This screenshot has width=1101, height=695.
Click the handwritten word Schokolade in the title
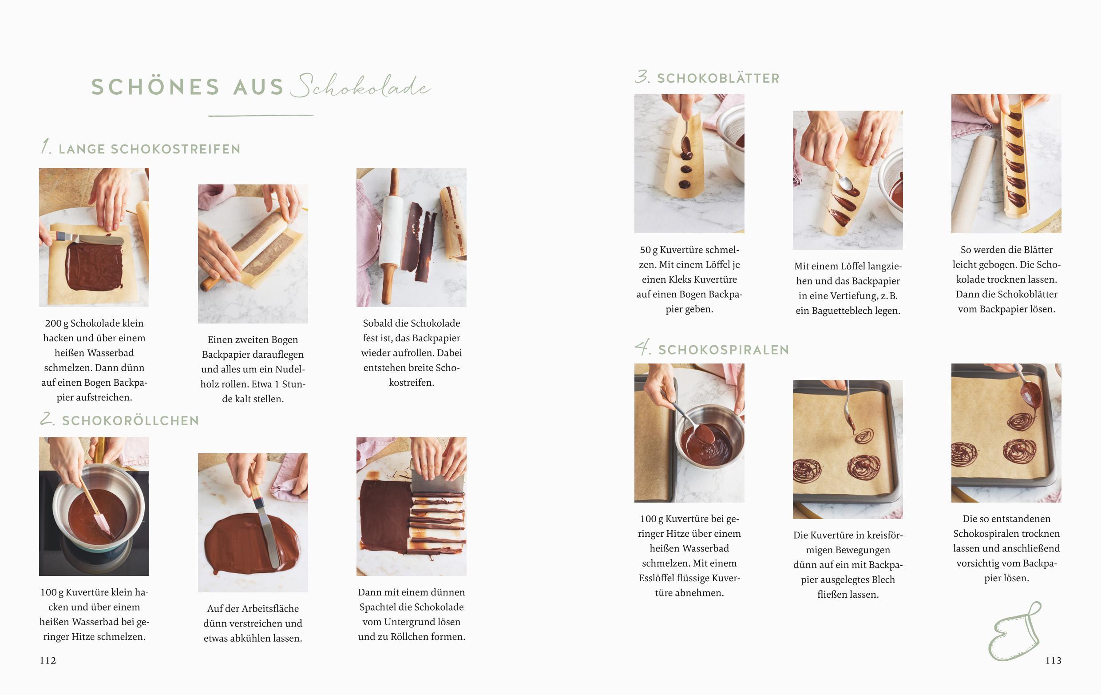pos(361,86)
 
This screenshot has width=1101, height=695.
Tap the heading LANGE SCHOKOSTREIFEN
pos(150,149)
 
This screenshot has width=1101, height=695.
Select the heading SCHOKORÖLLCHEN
pos(131,421)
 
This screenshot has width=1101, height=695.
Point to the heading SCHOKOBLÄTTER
pos(718,78)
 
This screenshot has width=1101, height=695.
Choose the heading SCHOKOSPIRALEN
pos(724,350)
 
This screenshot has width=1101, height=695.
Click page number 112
pos(48,660)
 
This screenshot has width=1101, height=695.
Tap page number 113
pos(1053,660)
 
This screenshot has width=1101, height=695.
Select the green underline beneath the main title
pos(261,116)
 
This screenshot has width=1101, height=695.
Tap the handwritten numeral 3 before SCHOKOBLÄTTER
pos(642,76)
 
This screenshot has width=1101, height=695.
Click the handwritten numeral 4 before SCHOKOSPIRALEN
pos(643,348)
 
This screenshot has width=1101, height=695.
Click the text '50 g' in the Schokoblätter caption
pos(649,250)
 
